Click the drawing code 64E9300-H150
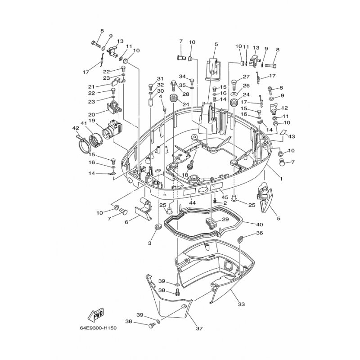pyautogui.click(x=98, y=328)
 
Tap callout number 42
pyautogui.click(x=76, y=128)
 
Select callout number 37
pyautogui.click(x=199, y=328)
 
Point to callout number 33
pyautogui.click(x=241, y=304)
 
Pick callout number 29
pyautogui.click(x=226, y=219)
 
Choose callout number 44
pyautogui.click(x=192, y=203)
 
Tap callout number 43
pyautogui.click(x=291, y=136)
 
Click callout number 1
pyautogui.click(x=281, y=179)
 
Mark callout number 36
pyautogui.click(x=260, y=233)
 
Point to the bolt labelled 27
pyautogui.click(x=234, y=85)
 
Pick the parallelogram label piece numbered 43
pyautogui.click(x=284, y=132)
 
